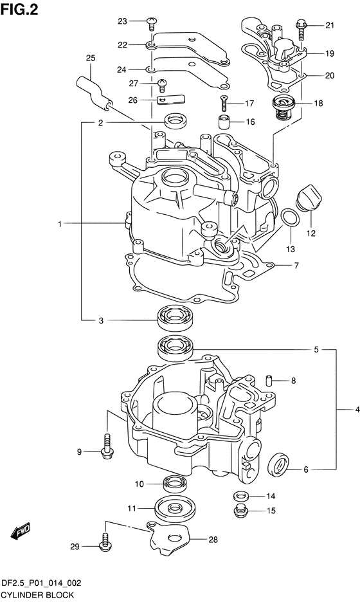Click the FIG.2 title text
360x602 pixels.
click(19, 9)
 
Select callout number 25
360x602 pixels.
click(91, 59)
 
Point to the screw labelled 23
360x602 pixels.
click(151, 23)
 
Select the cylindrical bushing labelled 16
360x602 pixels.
click(224, 122)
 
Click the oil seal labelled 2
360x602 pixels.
click(175, 122)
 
